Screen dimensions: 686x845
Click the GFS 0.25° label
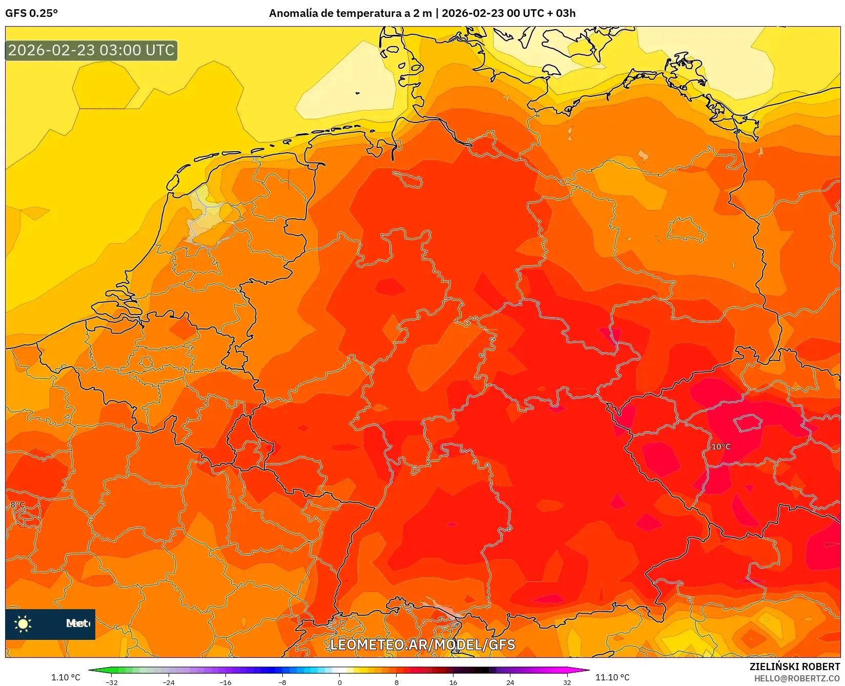click(31, 13)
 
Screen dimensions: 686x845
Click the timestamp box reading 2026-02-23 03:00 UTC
click(91, 51)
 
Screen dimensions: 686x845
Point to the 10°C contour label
click(720, 447)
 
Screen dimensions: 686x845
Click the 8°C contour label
click(17, 505)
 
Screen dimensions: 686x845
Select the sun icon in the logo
click(23, 623)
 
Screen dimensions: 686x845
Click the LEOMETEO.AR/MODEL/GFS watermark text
click(422, 645)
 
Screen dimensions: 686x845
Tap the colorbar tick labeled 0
click(339, 682)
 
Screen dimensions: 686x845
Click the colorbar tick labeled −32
click(111, 682)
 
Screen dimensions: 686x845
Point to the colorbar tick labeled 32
click(567, 682)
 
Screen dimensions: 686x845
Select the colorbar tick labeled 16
click(453, 682)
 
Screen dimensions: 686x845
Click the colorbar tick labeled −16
click(225, 682)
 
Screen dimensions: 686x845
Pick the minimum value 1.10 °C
click(66, 677)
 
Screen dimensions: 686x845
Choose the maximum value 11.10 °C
click(612, 677)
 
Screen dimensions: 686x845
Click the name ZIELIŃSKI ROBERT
click(795, 667)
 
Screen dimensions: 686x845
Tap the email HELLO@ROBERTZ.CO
click(797, 678)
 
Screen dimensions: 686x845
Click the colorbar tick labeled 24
click(510, 682)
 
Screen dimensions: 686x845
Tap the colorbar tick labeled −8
click(282, 682)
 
